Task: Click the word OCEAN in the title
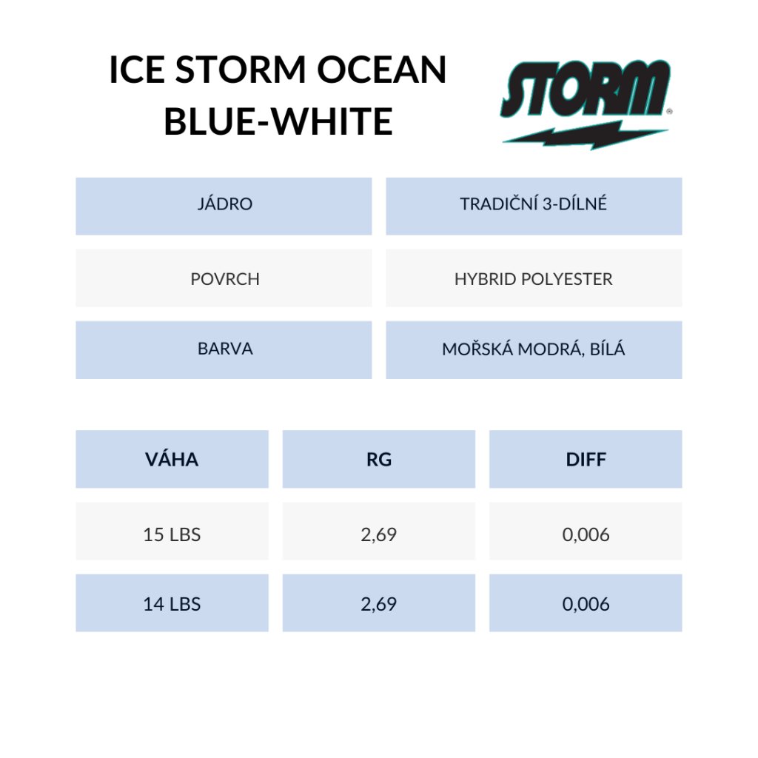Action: pos(381,70)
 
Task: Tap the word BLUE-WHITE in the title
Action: pos(278,121)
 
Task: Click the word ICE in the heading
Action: pos(137,70)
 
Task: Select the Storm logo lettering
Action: pos(586,90)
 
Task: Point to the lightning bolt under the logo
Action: pos(586,135)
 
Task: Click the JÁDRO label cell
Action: pos(224,207)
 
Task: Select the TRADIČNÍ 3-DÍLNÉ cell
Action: pos(534,207)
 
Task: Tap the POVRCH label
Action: pos(225,279)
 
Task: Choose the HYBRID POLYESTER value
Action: pos(534,279)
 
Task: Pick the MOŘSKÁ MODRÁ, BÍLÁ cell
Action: pos(534,350)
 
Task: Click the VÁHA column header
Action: pos(172,459)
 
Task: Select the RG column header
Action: pos(379,459)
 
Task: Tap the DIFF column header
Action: pos(586,459)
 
